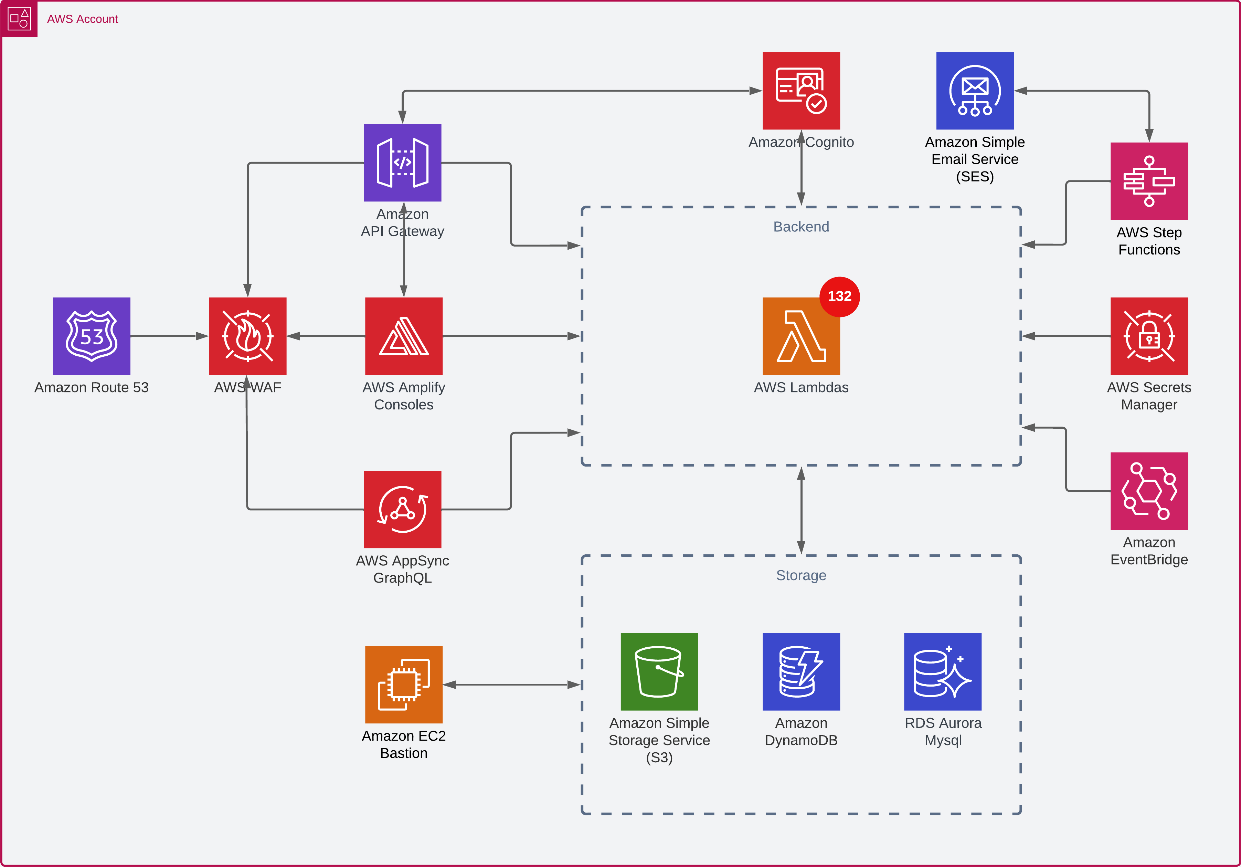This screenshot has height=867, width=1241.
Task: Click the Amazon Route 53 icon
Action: pyautogui.click(x=91, y=336)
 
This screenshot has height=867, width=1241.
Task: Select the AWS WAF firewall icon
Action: pyautogui.click(x=247, y=336)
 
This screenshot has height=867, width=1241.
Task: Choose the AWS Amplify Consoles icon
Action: pyautogui.click(x=404, y=336)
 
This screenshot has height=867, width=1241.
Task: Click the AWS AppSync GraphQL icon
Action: pyautogui.click(x=403, y=509)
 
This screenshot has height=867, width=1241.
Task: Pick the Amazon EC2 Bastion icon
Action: pyautogui.click(x=404, y=684)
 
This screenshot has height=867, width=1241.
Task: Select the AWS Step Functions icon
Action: pyautogui.click(x=1149, y=181)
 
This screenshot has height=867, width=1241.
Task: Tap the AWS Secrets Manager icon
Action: pyautogui.click(x=1149, y=336)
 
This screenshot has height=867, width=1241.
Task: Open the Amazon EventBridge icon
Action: pyautogui.click(x=1149, y=491)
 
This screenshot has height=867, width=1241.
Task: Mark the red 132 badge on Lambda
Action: pyautogui.click(x=839, y=296)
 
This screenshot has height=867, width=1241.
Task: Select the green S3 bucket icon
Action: pyautogui.click(x=659, y=671)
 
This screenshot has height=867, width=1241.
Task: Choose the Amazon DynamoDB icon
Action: pyautogui.click(x=801, y=671)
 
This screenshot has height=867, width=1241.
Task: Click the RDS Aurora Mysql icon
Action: pyautogui.click(x=943, y=671)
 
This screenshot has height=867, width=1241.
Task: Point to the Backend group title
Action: pyautogui.click(x=801, y=227)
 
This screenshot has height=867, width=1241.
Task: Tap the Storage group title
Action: pyautogui.click(x=801, y=575)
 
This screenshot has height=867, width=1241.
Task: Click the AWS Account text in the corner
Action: pyautogui.click(x=83, y=19)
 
